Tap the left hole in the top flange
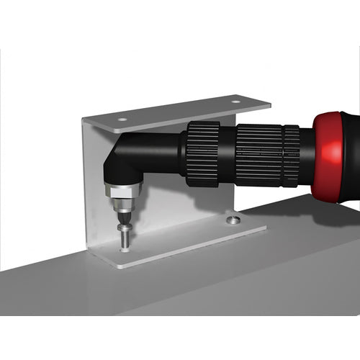122,119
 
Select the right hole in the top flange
235,102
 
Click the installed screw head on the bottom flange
233,219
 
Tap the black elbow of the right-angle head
119,162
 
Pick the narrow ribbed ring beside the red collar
291,155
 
